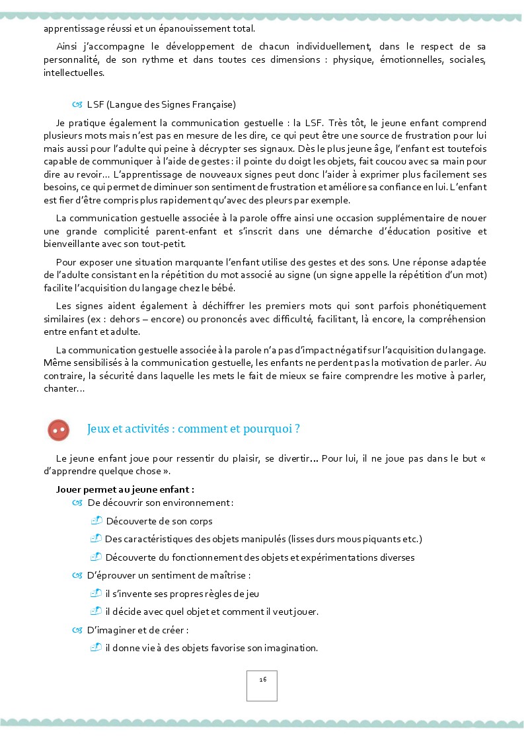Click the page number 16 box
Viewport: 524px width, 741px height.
click(x=262, y=686)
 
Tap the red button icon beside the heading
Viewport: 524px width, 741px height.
click(x=59, y=430)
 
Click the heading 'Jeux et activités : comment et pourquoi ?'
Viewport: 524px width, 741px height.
click(x=194, y=429)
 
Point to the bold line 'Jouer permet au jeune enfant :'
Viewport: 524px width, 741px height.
click(x=125, y=489)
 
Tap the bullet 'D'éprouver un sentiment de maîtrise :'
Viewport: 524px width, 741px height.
click(x=168, y=575)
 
